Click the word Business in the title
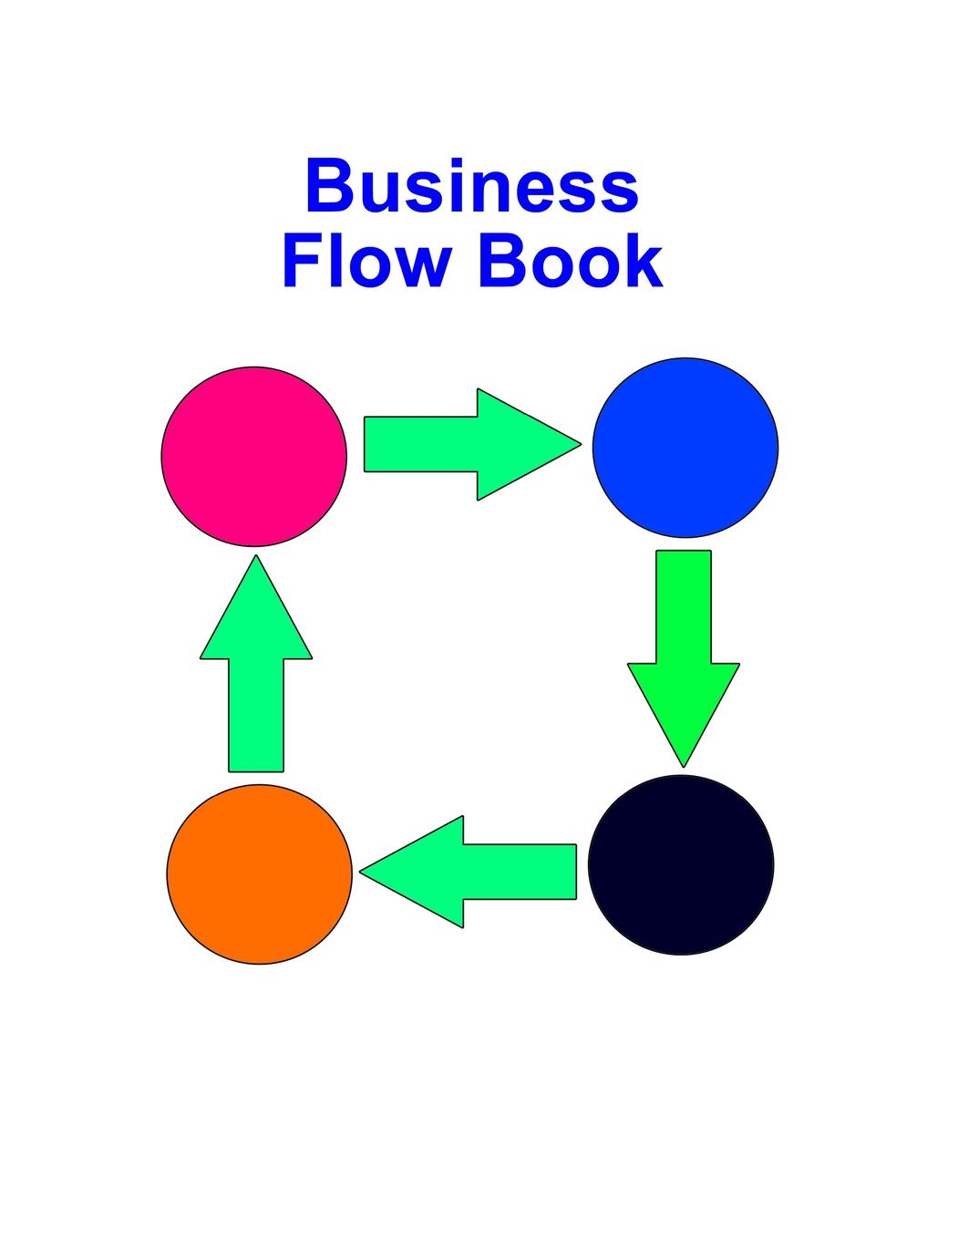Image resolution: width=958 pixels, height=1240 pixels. (x=471, y=186)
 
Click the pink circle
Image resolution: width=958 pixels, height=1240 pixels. (x=254, y=456)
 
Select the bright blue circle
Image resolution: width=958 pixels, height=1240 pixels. (x=685, y=447)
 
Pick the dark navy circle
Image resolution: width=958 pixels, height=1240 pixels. (x=681, y=864)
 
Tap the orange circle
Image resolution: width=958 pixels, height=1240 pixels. (x=260, y=873)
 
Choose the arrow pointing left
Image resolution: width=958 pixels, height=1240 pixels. (x=474, y=872)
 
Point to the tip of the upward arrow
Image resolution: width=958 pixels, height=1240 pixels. (x=256, y=559)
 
